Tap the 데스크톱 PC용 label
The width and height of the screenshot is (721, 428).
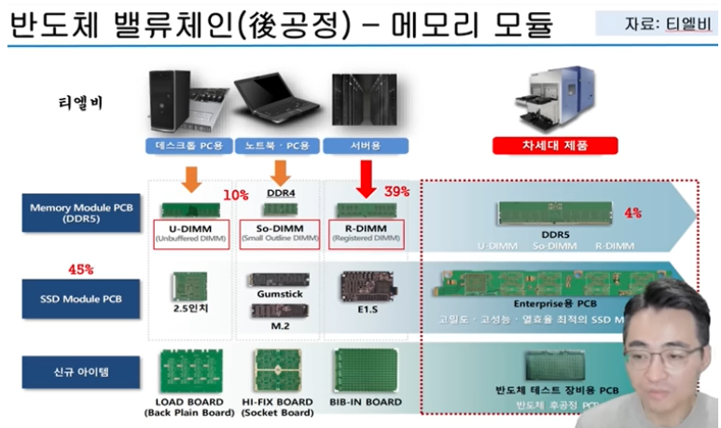189,145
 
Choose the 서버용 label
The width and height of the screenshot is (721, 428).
365,145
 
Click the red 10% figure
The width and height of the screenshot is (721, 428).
235,194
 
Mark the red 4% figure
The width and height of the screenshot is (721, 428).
632,213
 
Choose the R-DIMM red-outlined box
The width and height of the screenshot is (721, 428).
367,233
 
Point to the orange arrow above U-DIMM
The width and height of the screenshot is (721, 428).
190,178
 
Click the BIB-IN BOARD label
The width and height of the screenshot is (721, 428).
366,402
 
